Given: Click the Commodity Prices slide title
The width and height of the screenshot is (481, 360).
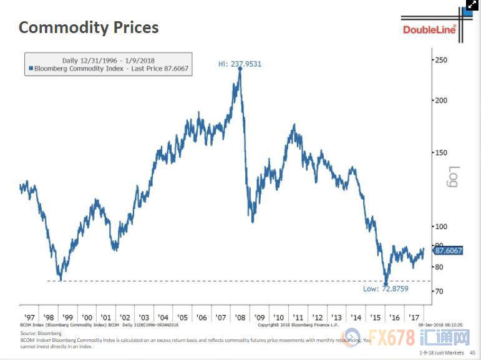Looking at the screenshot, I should tap(89, 27).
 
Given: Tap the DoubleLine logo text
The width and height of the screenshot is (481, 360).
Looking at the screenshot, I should tap(429, 29).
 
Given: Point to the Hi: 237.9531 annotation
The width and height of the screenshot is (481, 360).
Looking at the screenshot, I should tap(241, 63).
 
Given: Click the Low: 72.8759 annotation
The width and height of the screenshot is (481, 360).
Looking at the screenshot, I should tap(386, 289).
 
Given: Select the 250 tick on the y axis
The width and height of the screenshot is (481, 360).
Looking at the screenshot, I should tap(441, 60).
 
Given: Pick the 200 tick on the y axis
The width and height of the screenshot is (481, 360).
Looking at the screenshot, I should tap(441, 100).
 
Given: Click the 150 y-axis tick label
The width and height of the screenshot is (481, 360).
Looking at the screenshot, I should tap(441, 152).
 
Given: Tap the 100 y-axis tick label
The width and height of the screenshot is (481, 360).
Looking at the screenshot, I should tap(441, 226).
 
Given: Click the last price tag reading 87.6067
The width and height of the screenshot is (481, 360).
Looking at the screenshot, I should tap(448, 250).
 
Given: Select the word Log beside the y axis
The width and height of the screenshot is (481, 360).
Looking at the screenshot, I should tap(454, 176).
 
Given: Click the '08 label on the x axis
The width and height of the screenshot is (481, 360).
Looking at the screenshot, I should tap(240, 317).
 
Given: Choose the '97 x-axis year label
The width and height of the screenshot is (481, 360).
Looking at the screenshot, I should tap(29, 317).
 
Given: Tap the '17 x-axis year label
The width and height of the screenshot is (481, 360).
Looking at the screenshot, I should tap(414, 317).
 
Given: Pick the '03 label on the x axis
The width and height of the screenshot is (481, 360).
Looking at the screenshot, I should tap(144, 317).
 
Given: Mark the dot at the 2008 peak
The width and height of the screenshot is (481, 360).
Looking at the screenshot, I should tap(240, 69).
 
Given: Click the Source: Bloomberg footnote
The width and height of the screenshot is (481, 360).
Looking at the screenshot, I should tap(37, 334).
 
